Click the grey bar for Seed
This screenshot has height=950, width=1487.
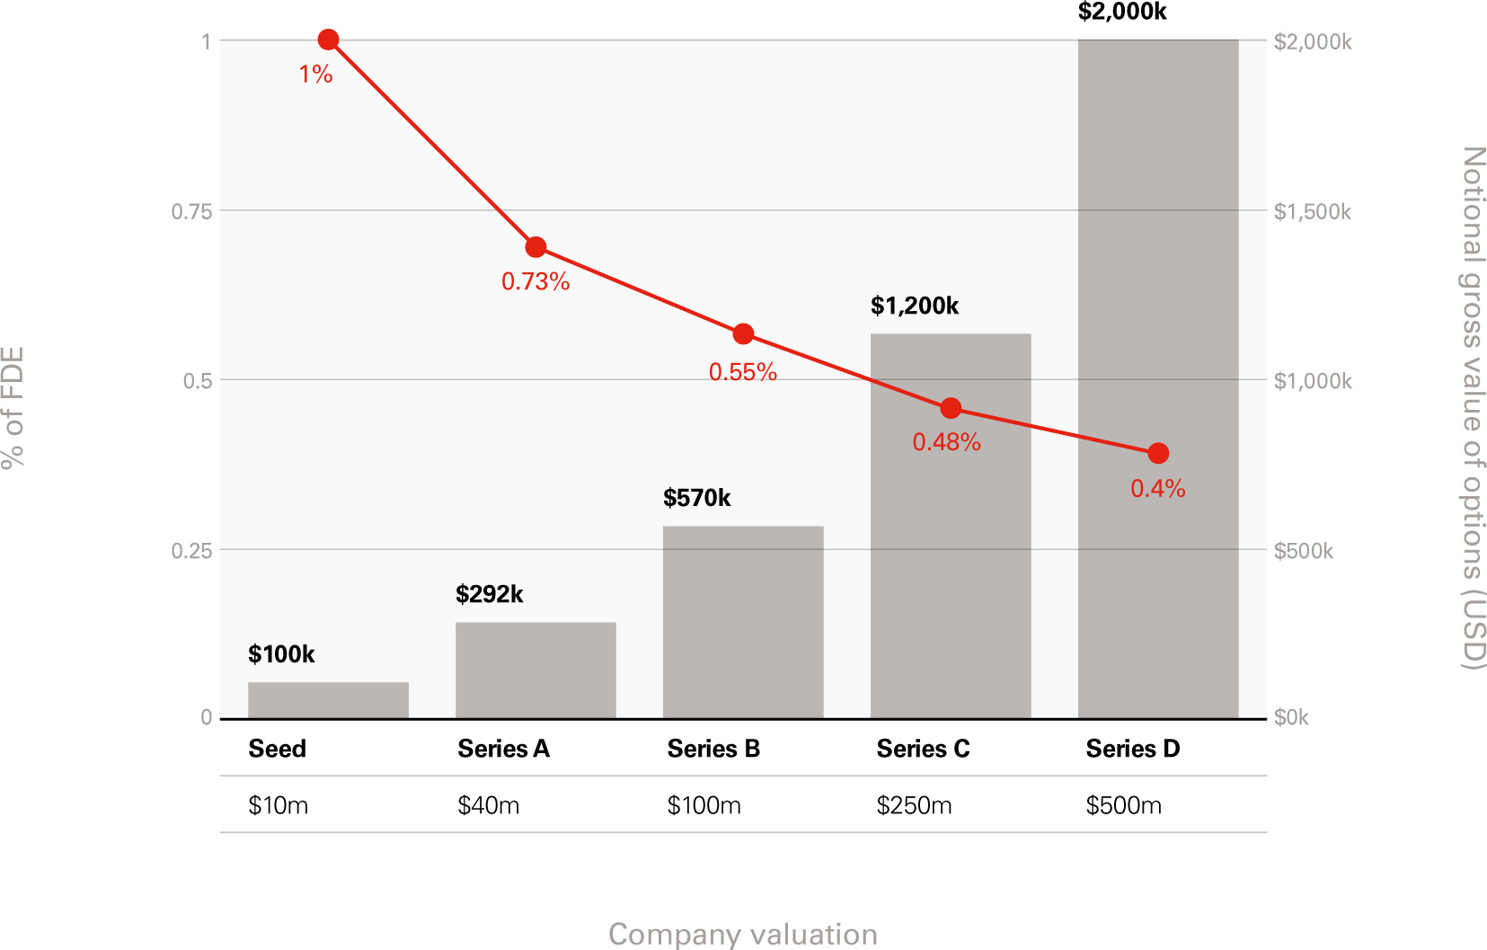328,700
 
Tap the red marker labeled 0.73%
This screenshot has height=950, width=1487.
535,247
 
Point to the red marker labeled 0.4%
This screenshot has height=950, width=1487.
1158,453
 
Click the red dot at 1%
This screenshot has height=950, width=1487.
328,40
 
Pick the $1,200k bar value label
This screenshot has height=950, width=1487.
914,306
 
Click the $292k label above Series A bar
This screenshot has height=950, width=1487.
489,594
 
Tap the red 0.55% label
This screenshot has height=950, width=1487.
742,372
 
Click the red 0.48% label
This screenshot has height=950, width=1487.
946,442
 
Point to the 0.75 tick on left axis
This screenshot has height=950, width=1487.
191,211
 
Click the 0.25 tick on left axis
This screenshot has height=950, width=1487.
191,550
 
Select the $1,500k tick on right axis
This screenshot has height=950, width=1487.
1312,211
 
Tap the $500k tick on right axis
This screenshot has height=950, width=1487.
1303,550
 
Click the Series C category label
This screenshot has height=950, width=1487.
923,749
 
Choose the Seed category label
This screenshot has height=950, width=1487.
277,749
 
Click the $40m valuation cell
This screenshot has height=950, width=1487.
488,805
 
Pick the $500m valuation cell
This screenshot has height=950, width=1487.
1123,805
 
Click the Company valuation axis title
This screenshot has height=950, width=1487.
742,934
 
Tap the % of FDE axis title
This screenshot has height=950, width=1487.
13,406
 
